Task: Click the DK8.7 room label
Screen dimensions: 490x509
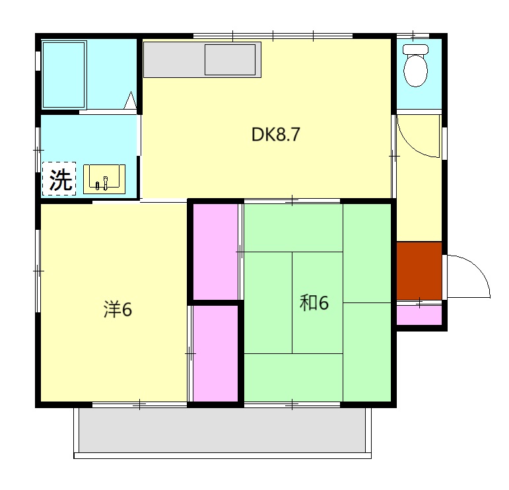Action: [x=276, y=135]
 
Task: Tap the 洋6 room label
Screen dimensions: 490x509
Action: [x=118, y=309]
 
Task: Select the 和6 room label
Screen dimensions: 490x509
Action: [x=314, y=302]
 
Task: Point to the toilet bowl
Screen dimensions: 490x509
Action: [x=415, y=71]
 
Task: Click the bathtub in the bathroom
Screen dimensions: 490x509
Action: [x=63, y=75]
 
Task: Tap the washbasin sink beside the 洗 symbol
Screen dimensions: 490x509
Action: [x=104, y=178]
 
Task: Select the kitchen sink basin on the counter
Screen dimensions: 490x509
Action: [x=230, y=60]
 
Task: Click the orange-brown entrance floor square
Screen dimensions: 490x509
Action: [x=419, y=271]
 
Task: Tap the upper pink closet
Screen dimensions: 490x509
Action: [x=215, y=251]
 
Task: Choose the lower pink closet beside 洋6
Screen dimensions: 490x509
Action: [x=215, y=353]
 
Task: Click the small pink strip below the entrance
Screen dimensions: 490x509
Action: [x=419, y=314]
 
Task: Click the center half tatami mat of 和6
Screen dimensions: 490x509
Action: [x=318, y=302]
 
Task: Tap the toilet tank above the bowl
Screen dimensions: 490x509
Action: [x=416, y=50]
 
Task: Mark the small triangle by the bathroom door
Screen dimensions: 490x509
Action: [x=130, y=100]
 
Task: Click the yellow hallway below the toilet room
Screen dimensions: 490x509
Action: [x=419, y=198]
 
